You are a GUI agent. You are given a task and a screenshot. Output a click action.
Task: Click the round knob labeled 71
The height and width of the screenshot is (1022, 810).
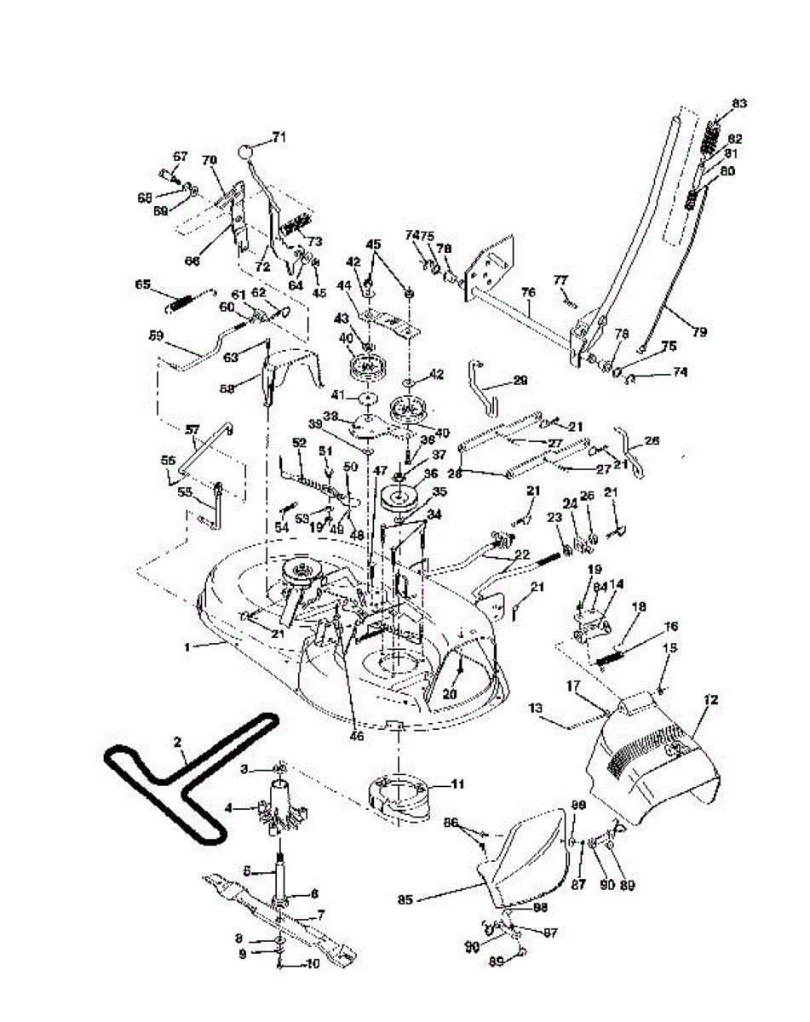coord(246,152)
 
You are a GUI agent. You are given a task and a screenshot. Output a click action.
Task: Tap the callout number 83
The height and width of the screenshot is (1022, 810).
coord(738,103)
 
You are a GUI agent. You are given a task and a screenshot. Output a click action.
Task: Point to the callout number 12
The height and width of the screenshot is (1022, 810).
coord(712,699)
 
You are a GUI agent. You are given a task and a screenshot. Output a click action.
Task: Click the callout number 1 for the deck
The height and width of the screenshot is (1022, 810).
coord(188,647)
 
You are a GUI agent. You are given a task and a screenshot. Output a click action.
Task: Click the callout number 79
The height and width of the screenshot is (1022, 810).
coord(701,330)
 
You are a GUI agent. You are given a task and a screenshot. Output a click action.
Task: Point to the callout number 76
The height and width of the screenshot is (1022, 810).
coord(529,292)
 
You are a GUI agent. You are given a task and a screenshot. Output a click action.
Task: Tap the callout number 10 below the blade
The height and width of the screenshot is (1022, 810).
coord(313,964)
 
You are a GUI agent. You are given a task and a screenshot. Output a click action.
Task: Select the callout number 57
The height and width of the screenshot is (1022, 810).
coord(192,431)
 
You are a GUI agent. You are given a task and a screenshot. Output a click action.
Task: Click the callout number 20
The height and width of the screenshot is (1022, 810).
coord(450,694)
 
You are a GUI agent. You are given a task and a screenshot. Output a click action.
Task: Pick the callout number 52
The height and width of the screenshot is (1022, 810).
coord(298,442)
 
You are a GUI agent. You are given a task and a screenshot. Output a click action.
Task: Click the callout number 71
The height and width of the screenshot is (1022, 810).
coord(279,136)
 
